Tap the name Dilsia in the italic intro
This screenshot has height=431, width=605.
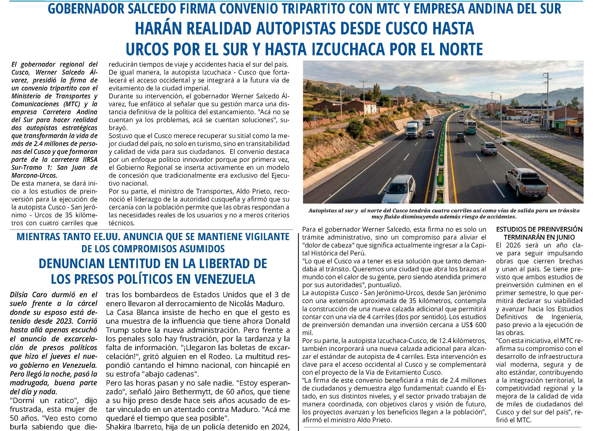click(x=18, y=295)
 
